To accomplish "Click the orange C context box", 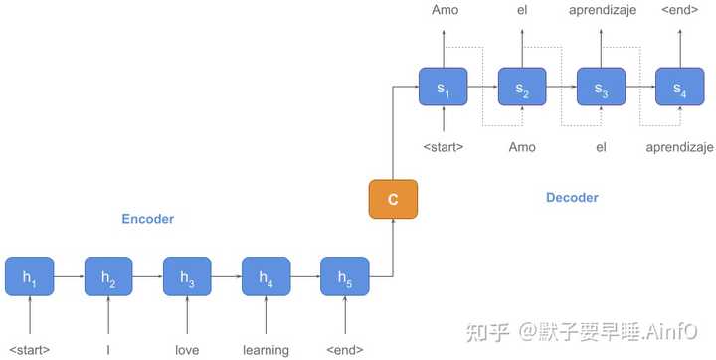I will coord(393,199).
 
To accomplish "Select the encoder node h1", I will coord(30,280).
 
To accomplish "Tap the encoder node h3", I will coord(187,280).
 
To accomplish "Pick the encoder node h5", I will coord(344,280).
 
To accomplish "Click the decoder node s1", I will coord(444,89).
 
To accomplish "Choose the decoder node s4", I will coord(679,89).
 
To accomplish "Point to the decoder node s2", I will coord(522,89).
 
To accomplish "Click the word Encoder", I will coord(147,219).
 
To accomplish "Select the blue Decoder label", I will coord(572,198).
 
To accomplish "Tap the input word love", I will coord(187,349).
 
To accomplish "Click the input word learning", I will coord(266,349).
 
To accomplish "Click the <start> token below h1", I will coord(30,349).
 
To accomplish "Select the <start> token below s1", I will coord(444,147).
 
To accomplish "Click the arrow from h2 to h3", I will coord(147,280).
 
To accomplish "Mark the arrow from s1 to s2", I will coord(482,89).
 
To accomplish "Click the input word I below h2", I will coord(108,349).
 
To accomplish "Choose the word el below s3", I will coord(601,147).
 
